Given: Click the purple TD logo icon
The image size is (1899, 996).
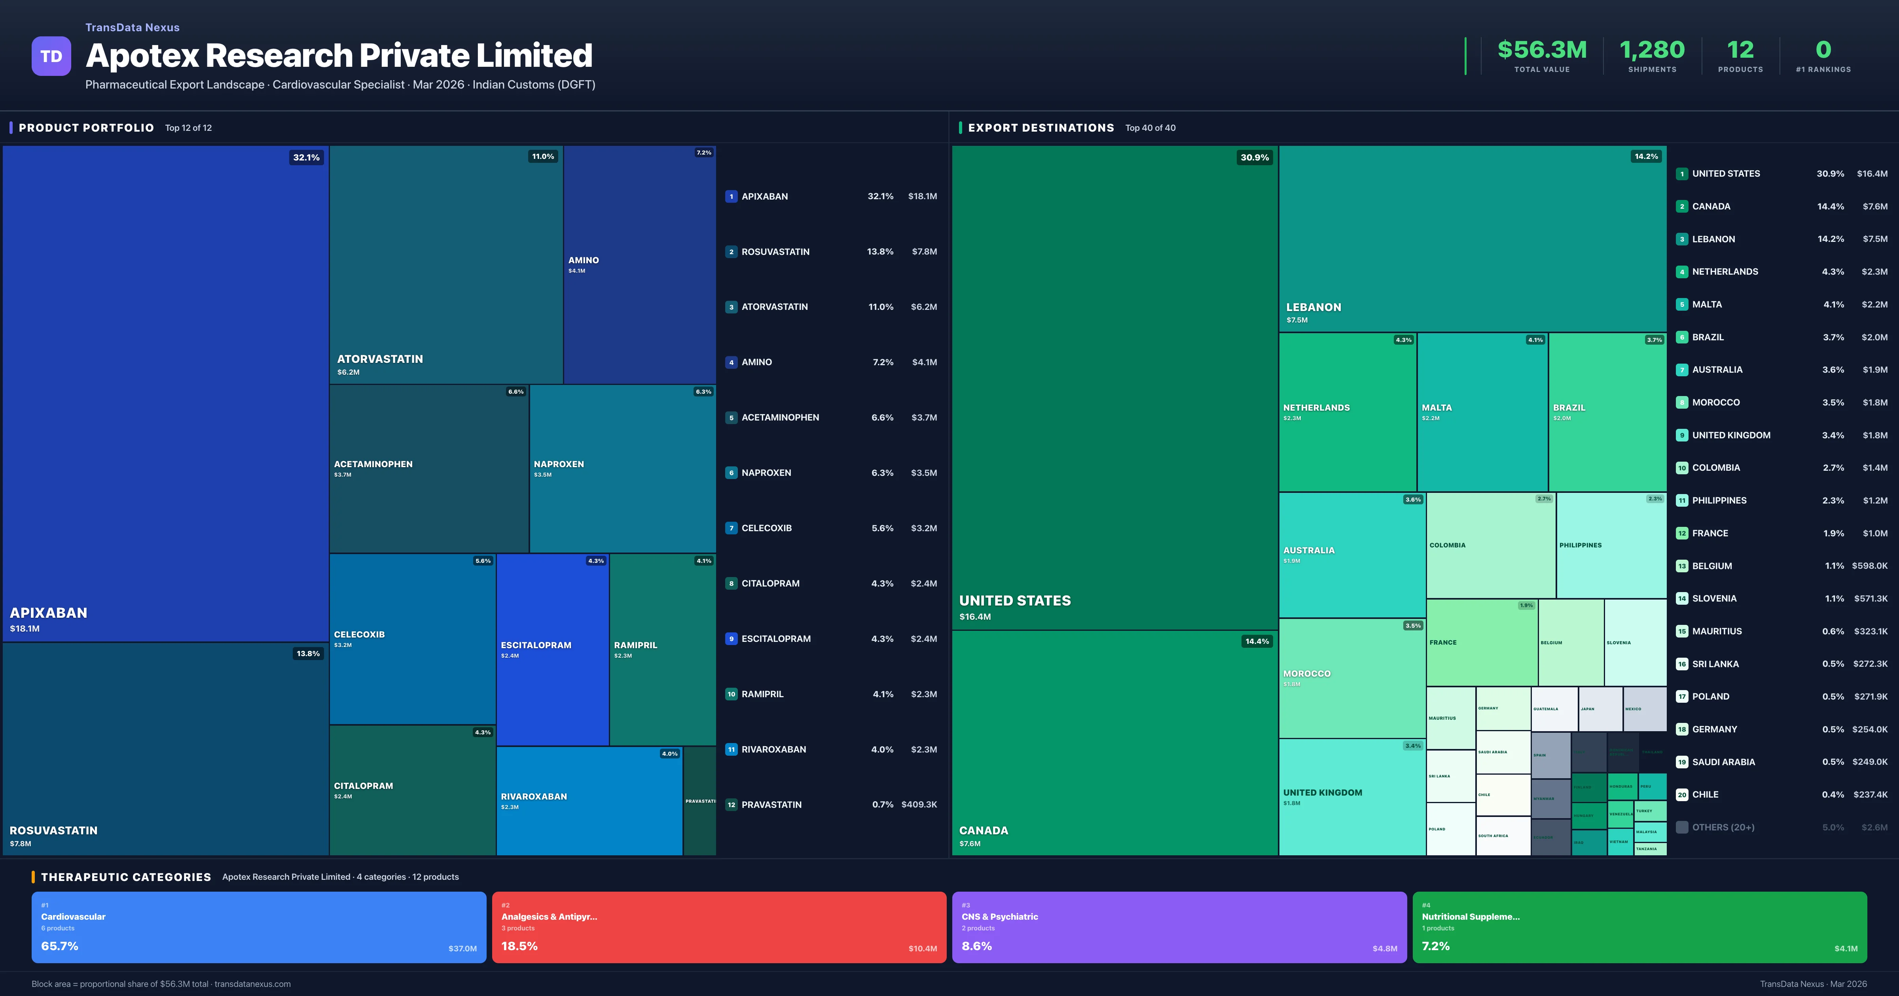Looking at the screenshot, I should pos(51,56).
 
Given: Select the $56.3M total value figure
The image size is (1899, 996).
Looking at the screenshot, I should pos(1541,50).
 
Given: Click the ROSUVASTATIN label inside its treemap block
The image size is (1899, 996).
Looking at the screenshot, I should pos(53,830).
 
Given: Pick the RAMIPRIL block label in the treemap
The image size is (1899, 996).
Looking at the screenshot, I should pos(635,645).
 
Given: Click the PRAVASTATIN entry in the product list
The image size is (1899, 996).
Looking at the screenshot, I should pos(771,804).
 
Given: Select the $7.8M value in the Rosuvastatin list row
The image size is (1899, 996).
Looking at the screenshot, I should pos(924,252).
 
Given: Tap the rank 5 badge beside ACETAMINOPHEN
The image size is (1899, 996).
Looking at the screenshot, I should pos(731,418).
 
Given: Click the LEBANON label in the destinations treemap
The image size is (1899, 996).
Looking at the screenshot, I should pos(1313,307).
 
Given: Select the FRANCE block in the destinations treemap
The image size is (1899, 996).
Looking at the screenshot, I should pos(1482,642).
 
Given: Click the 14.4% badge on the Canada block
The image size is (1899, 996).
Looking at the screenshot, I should pos(1257,641).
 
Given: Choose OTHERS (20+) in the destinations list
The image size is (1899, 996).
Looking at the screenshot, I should pos(1723,827).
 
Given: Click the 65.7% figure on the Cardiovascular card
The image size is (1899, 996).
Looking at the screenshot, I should pos(60,946).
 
